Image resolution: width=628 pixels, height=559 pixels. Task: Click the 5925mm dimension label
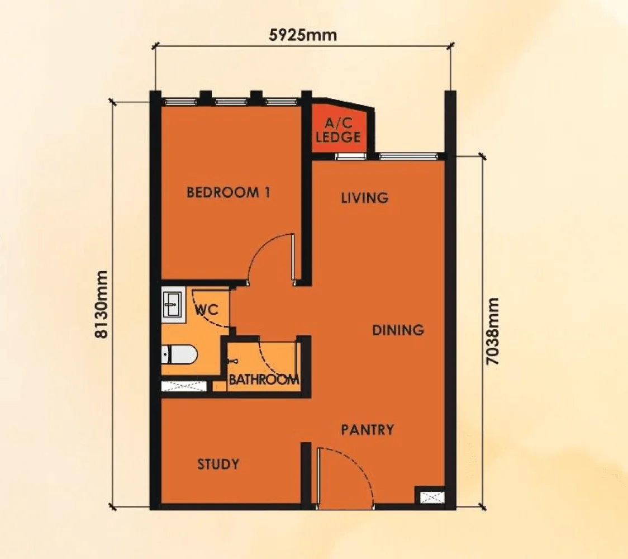click(303, 35)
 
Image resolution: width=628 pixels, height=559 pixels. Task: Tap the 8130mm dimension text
click(101, 305)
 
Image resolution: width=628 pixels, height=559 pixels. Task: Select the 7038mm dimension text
click(492, 331)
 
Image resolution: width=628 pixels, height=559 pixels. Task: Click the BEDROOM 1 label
click(229, 193)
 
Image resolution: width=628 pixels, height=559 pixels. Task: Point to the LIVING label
click(364, 198)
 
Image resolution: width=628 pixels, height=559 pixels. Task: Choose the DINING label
click(398, 330)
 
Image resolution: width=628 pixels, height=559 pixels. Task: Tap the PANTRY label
click(367, 430)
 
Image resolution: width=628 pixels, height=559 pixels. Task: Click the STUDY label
click(218, 464)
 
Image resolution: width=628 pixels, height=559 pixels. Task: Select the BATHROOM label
click(264, 380)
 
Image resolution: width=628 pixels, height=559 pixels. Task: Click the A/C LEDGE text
click(338, 131)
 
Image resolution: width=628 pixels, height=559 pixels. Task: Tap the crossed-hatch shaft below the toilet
click(183, 386)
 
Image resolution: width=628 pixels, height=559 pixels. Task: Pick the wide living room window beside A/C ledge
click(407, 156)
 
